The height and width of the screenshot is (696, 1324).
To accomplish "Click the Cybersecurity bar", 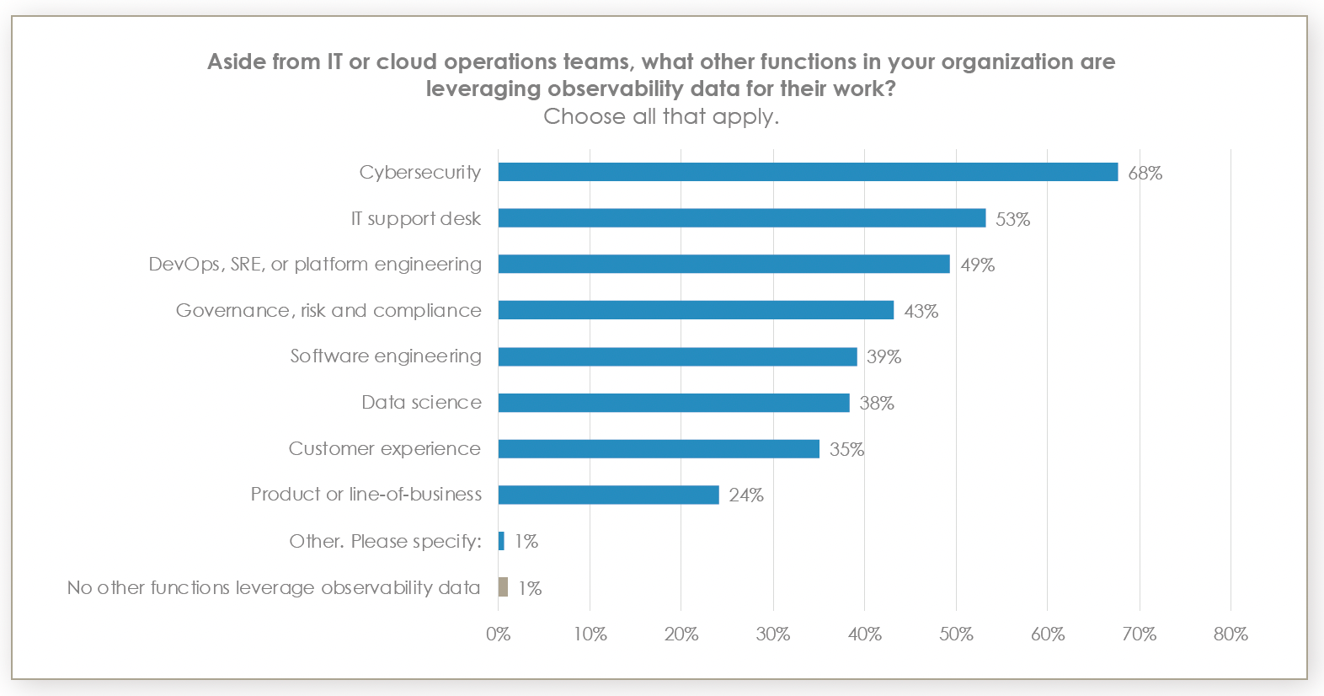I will [x=807, y=172].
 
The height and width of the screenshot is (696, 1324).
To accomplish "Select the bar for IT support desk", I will [x=741, y=218].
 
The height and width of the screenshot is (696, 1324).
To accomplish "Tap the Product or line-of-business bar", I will [x=608, y=495].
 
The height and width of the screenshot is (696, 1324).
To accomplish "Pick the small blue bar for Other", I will [x=501, y=541].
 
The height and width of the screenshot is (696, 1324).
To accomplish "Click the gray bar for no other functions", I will [x=503, y=586].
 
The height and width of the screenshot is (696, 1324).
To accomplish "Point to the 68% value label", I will [x=1145, y=174].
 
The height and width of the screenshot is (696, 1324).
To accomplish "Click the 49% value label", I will [x=977, y=265].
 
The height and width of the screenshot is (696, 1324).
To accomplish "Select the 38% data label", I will [x=876, y=404].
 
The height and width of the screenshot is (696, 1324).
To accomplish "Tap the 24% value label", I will [x=745, y=495].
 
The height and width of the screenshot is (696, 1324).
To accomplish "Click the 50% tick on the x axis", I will [x=956, y=634].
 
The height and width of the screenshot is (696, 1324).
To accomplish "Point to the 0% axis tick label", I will [x=498, y=634].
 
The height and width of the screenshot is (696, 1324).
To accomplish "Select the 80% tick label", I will [x=1230, y=634].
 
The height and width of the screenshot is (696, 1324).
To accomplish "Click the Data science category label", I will [x=421, y=403].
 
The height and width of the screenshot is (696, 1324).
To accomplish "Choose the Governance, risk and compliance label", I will [x=328, y=311].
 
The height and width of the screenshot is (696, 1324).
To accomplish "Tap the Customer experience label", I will [x=384, y=449].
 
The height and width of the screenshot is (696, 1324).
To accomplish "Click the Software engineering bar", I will [x=677, y=356].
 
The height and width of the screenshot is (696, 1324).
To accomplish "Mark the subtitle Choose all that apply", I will [x=661, y=116].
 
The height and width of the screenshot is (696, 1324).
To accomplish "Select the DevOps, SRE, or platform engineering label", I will [x=315, y=265].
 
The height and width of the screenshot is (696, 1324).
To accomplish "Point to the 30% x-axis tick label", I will [x=772, y=634].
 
